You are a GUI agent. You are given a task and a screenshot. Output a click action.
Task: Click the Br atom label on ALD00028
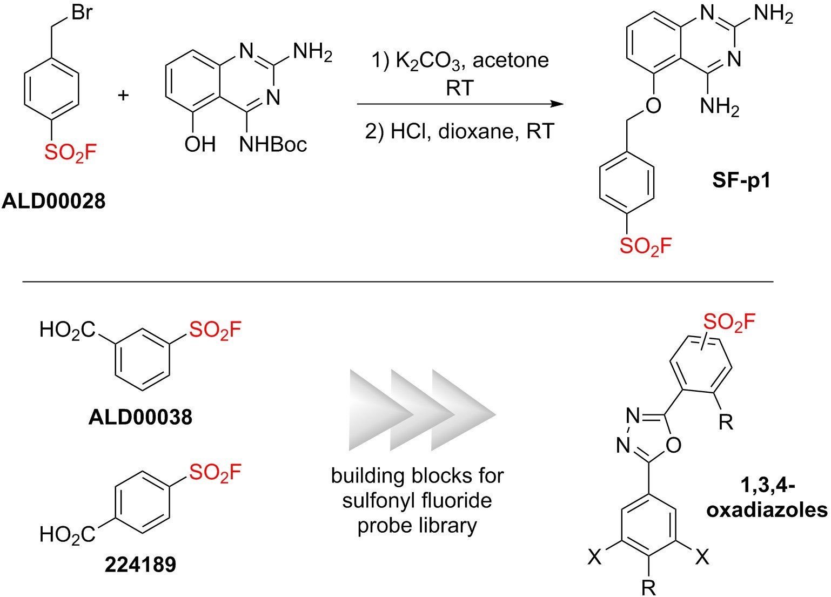(82, 12)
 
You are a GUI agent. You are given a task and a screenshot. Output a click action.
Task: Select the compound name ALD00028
(54, 202)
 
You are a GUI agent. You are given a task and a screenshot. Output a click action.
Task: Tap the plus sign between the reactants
(124, 96)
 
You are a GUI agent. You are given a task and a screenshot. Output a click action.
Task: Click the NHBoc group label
(273, 144)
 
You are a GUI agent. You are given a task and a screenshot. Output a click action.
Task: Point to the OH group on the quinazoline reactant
(199, 144)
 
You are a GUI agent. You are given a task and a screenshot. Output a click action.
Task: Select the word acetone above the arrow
(511, 60)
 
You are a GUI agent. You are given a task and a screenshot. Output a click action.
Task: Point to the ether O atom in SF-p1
(653, 105)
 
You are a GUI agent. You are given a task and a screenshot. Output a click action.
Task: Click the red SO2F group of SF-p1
(645, 246)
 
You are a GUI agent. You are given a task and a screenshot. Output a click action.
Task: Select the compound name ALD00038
(140, 417)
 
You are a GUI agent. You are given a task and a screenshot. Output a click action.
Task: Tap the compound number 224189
(140, 565)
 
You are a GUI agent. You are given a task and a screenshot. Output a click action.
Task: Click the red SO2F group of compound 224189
(215, 473)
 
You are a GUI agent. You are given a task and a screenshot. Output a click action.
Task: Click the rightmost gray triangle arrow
(462, 411)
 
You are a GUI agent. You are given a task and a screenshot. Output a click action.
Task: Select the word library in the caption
(453, 525)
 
